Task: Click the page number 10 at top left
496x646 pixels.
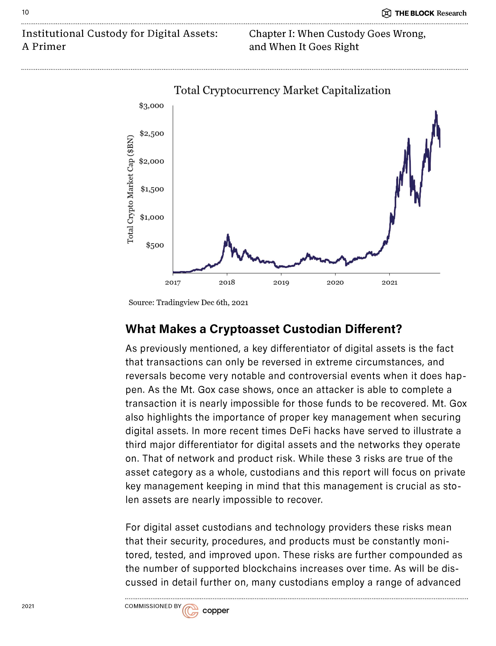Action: pos(25,12)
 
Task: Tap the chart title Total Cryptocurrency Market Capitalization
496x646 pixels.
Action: pos(282,90)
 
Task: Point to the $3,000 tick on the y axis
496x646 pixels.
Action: pos(151,106)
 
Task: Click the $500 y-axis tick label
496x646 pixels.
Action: pos(155,245)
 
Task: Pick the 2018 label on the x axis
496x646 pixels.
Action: pos(227,282)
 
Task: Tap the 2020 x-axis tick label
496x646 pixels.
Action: pos(335,282)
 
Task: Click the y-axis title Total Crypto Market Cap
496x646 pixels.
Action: pos(130,189)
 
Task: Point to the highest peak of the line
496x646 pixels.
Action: pos(436,112)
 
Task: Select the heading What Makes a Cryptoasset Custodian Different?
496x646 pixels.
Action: pos(264,329)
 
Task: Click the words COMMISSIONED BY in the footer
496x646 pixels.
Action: pos(153,606)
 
